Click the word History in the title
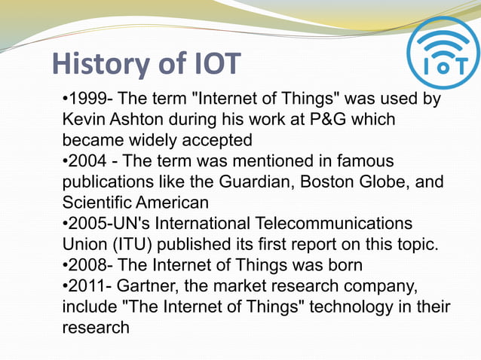100,65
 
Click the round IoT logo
443,54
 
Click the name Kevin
83,121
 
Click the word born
345,266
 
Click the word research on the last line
96,328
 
